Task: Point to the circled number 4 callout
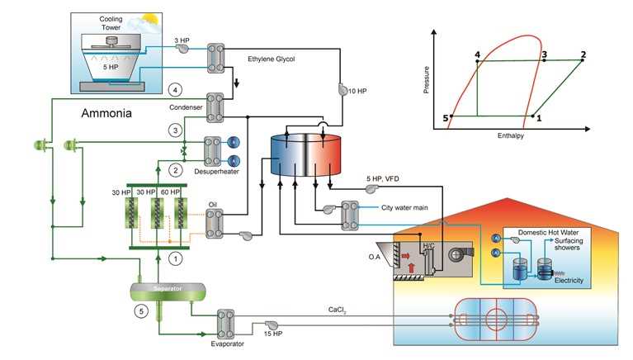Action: [173, 88]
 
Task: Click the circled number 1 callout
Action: [174, 258]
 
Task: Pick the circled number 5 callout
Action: [141, 312]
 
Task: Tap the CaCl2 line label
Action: [338, 311]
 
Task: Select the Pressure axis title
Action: [427, 73]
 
